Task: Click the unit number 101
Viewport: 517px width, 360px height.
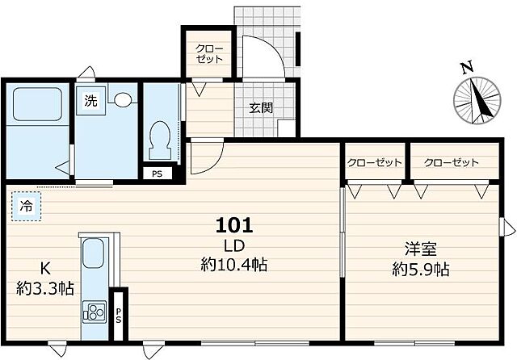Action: (x=234, y=224)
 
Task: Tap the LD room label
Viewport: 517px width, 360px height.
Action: (x=234, y=245)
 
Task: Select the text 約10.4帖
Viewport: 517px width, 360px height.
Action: (x=234, y=264)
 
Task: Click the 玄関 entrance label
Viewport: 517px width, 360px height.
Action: (x=259, y=108)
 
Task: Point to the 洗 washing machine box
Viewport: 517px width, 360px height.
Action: (x=90, y=102)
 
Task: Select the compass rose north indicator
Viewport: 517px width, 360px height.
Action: (x=476, y=103)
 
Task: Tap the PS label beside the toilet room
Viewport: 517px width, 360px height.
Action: (x=156, y=172)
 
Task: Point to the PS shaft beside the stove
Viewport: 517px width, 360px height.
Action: (x=119, y=312)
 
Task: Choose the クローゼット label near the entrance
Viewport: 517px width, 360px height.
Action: (x=210, y=53)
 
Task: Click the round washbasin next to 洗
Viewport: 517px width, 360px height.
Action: (x=123, y=100)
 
